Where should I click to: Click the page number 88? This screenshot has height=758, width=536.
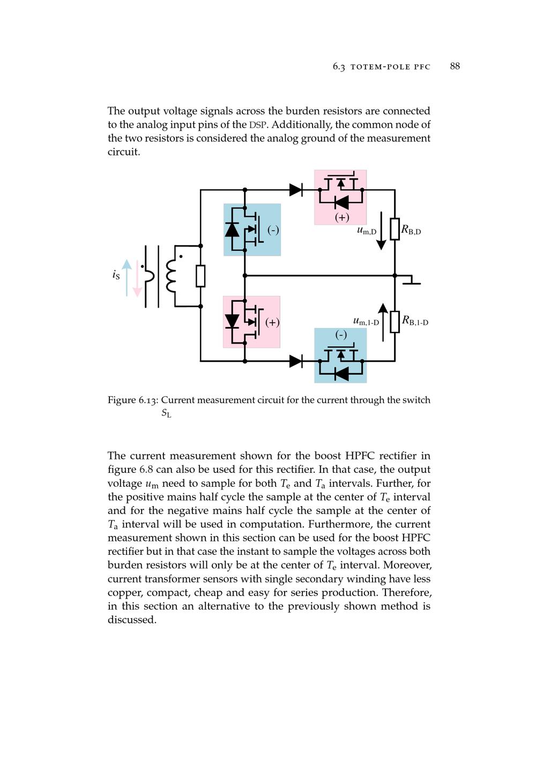pyautogui.click(x=455, y=66)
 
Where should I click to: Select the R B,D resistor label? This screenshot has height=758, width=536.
pyautogui.click(x=411, y=231)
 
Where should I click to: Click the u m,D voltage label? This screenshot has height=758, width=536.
pyautogui.click(x=367, y=231)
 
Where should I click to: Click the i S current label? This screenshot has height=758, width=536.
pyautogui.click(x=116, y=274)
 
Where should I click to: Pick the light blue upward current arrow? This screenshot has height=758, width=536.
pyautogui.click(x=126, y=278)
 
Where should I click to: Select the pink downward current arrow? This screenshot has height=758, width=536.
pyautogui.click(x=137, y=278)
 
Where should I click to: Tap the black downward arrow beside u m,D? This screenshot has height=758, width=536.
pyautogui.click(x=381, y=231)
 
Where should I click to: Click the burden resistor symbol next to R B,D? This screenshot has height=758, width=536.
pyautogui.click(x=395, y=229)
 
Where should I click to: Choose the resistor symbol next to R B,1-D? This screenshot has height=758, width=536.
pyautogui.click(x=395, y=322)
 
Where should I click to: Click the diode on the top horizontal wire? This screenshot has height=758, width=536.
pyautogui.click(x=295, y=190)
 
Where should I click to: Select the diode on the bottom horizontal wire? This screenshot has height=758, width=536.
pyautogui.click(x=295, y=361)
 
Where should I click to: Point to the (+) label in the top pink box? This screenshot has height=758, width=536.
pyautogui.click(x=342, y=217)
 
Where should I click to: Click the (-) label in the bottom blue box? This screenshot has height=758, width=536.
pyautogui.click(x=341, y=335)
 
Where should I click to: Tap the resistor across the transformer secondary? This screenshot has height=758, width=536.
pyautogui.click(x=200, y=276)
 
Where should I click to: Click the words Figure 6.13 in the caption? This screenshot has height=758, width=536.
pyautogui.click(x=132, y=400)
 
